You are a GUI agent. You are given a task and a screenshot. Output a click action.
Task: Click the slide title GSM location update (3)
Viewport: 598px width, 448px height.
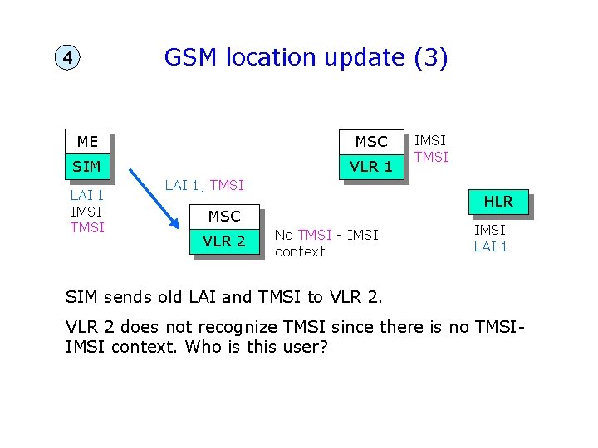click(x=306, y=57)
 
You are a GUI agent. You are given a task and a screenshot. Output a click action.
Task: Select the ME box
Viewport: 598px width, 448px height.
click(x=87, y=142)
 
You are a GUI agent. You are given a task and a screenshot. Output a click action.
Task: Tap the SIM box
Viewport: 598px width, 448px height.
click(x=87, y=167)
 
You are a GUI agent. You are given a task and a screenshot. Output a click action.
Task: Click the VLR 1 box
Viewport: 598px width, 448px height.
click(x=370, y=167)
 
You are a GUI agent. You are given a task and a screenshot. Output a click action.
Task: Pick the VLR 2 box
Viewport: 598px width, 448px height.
click(x=224, y=241)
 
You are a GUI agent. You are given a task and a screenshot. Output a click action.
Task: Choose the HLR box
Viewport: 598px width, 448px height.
click(x=498, y=202)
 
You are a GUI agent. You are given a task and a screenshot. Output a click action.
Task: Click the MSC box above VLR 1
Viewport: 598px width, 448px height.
click(x=370, y=142)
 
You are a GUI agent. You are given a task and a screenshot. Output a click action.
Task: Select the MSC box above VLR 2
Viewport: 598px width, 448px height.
click(x=224, y=217)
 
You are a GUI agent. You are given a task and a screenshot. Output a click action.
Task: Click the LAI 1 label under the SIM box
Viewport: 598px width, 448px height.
click(x=87, y=196)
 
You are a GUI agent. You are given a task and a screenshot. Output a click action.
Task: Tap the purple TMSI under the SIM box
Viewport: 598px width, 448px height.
click(x=87, y=227)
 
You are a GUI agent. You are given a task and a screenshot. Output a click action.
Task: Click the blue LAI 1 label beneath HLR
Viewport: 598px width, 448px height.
click(x=491, y=246)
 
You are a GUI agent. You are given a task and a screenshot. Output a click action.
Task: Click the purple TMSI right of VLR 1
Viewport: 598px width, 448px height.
click(x=431, y=157)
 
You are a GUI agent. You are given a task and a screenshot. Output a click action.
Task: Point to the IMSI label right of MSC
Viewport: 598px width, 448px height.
click(x=430, y=141)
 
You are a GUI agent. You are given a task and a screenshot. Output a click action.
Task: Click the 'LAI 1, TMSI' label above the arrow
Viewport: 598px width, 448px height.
click(x=203, y=186)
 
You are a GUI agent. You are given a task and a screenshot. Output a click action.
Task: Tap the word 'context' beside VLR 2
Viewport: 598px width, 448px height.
click(x=299, y=251)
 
